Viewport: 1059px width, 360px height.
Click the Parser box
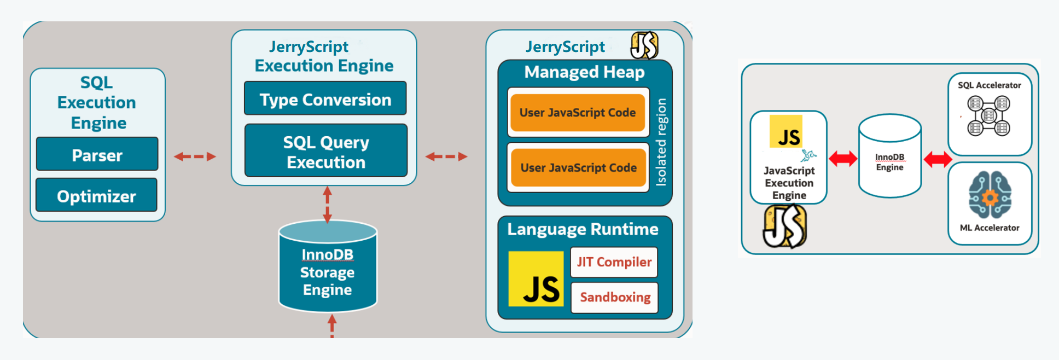tap(97, 155)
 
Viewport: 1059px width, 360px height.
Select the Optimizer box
tap(96, 195)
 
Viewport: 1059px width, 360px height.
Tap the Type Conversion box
tap(325, 99)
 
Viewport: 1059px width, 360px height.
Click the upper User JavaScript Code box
tap(578, 113)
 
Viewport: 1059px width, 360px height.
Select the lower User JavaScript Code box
tap(578, 168)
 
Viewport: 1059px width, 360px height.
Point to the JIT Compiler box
tap(614, 262)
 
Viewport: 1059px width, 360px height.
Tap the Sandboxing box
tap(614, 297)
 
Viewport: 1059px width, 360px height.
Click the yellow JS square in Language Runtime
tap(536, 278)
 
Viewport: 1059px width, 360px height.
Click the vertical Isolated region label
tap(661, 142)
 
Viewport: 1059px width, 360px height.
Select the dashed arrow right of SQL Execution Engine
tap(195, 156)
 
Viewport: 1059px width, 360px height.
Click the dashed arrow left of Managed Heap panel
tap(447, 156)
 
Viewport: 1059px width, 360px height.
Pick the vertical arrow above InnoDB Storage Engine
tap(327, 204)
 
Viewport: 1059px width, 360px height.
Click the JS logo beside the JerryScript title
tap(644, 45)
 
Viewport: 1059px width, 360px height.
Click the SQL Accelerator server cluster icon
tap(988, 115)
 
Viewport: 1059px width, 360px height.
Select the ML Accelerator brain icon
tap(990, 195)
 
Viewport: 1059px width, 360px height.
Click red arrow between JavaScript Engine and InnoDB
tap(843, 159)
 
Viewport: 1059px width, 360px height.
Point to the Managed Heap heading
tap(584, 72)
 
